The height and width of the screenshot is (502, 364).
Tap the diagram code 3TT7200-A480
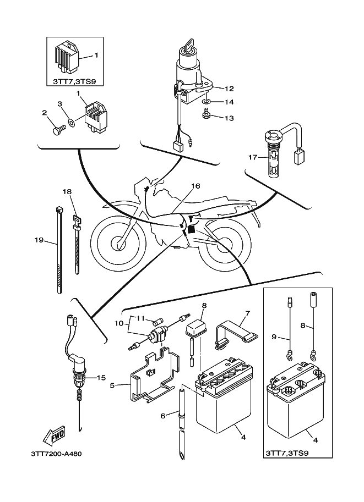[x=52, y=454]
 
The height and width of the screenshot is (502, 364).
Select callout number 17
[x=252, y=157]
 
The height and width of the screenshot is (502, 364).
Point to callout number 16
[x=195, y=186]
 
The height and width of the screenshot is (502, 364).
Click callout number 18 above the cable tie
[x=67, y=192]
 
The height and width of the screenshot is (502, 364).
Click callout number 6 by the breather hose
[x=162, y=416]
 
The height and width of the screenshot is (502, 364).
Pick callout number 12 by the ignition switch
[x=229, y=88]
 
